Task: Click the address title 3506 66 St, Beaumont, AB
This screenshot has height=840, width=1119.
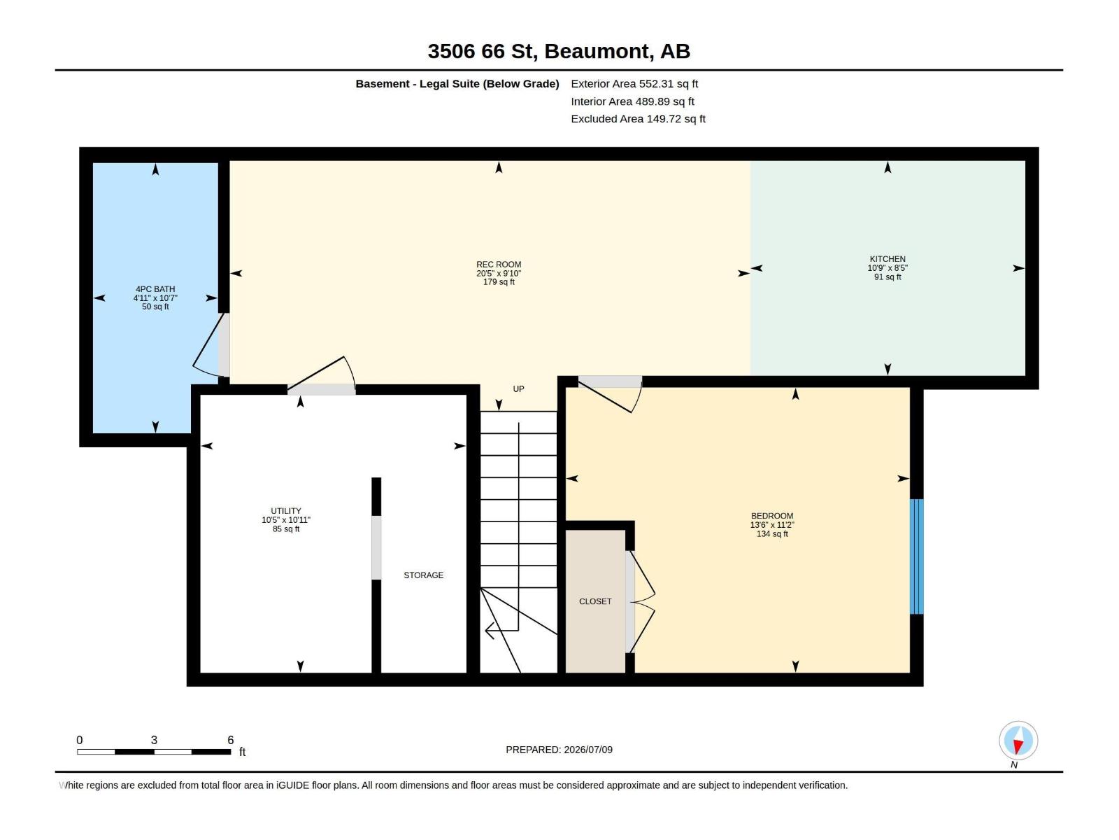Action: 559,51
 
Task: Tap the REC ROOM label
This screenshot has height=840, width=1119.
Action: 499,264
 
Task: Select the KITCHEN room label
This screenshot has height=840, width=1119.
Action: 888,259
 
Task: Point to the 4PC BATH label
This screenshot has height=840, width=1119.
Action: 155,289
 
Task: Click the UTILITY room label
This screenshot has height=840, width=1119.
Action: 286,511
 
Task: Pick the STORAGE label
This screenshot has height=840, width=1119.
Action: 424,575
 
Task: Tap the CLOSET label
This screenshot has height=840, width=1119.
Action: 595,602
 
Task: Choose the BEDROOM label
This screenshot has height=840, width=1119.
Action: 772,516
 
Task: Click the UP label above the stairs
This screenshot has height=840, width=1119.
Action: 518,389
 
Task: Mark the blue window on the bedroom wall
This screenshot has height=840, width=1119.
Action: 917,556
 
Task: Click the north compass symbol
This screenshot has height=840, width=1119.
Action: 1018,741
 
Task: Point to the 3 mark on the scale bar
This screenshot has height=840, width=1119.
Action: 154,740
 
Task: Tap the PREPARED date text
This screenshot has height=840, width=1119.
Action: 559,750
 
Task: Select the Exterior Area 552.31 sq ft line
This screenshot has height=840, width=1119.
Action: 634,83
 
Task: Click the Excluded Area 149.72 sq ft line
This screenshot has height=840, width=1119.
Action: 638,119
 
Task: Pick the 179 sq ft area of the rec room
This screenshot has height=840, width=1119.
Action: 499,282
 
